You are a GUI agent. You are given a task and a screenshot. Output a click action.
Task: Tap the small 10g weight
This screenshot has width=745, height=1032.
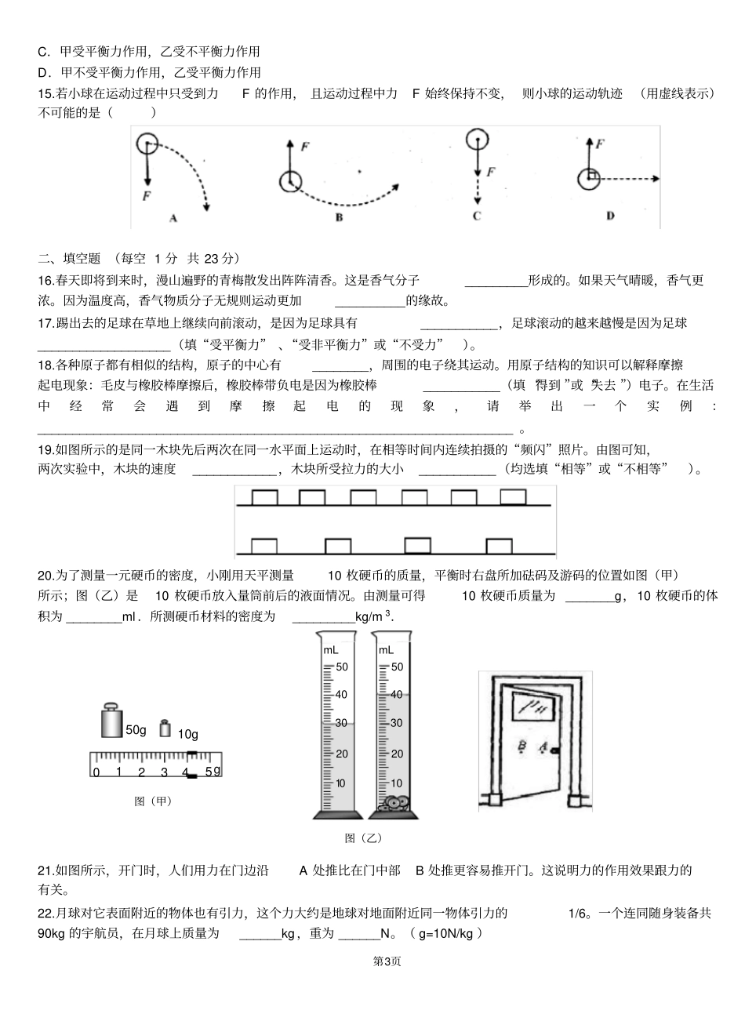(x=165, y=728)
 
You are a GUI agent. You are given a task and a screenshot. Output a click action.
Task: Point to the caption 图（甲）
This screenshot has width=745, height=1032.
(x=153, y=801)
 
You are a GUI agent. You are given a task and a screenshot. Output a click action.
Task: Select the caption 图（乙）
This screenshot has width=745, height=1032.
(x=363, y=838)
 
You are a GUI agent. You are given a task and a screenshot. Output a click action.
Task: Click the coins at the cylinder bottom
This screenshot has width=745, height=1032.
(x=392, y=803)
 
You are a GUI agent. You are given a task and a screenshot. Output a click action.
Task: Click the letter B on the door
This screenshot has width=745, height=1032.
(x=520, y=747)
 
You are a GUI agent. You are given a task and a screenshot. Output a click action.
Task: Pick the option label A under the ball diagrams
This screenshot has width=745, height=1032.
(x=173, y=219)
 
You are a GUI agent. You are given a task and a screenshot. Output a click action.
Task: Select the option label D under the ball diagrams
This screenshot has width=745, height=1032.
(x=610, y=216)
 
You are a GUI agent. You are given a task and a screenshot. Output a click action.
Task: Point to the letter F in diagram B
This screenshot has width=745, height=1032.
(x=304, y=146)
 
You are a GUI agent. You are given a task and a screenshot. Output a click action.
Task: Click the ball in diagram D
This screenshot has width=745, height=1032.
(x=589, y=179)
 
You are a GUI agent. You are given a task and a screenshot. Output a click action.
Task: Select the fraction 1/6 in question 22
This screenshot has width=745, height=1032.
(x=577, y=913)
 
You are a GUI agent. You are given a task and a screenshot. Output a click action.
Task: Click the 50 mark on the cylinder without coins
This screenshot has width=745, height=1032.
(x=341, y=667)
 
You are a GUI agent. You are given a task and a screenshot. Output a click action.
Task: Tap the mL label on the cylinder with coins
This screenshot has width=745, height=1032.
(x=386, y=649)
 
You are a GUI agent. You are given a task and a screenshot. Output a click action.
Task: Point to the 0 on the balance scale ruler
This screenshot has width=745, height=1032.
(x=96, y=772)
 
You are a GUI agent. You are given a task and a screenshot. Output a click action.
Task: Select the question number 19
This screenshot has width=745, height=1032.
(x=45, y=449)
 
